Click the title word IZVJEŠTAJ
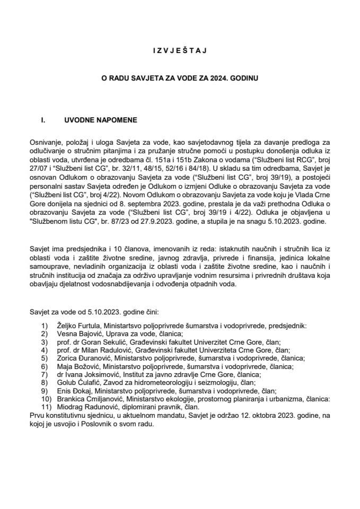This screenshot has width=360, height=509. click(x=180, y=50)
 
